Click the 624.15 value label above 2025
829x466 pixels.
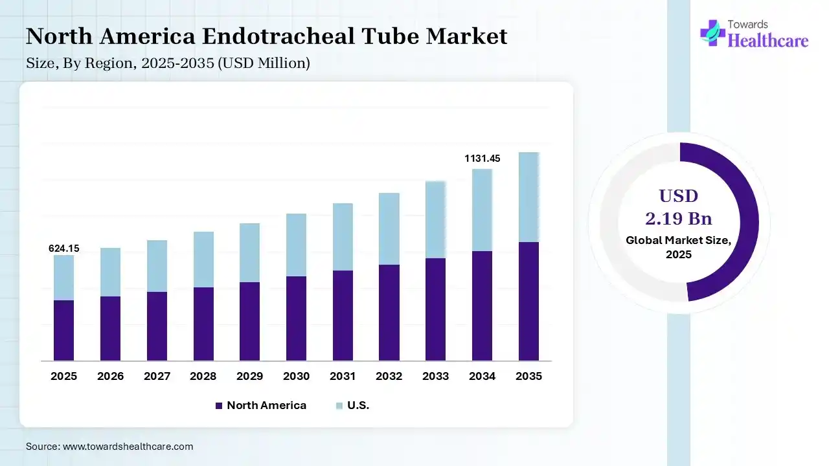tap(64, 249)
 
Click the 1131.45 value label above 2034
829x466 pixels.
tap(483, 159)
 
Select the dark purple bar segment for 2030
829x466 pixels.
tap(296, 318)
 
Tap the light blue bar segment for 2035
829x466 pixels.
tap(529, 197)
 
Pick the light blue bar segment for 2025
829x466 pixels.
tap(63, 277)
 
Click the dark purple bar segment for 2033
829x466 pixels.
tap(436, 309)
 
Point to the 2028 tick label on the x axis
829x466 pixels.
tap(203, 376)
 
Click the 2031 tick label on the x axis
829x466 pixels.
tap(343, 376)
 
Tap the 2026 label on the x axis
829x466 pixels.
tap(110, 376)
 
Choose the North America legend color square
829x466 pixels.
tap(219, 406)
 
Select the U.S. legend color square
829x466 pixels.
tap(339, 406)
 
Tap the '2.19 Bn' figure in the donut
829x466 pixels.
tap(679, 218)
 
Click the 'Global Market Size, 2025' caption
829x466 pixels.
tap(679, 247)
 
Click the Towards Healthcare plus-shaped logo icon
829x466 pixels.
tap(712, 33)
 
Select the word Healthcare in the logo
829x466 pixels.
tap(768, 41)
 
